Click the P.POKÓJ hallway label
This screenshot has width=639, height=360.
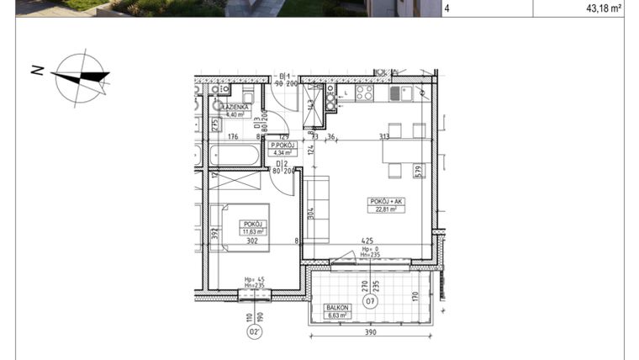281,144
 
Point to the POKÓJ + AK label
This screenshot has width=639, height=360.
386,201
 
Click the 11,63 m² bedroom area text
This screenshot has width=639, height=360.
253,231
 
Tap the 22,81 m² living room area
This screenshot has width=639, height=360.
386,209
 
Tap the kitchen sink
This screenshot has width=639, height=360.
399,93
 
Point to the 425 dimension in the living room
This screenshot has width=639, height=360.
367,240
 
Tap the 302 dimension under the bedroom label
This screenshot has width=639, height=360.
251,241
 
